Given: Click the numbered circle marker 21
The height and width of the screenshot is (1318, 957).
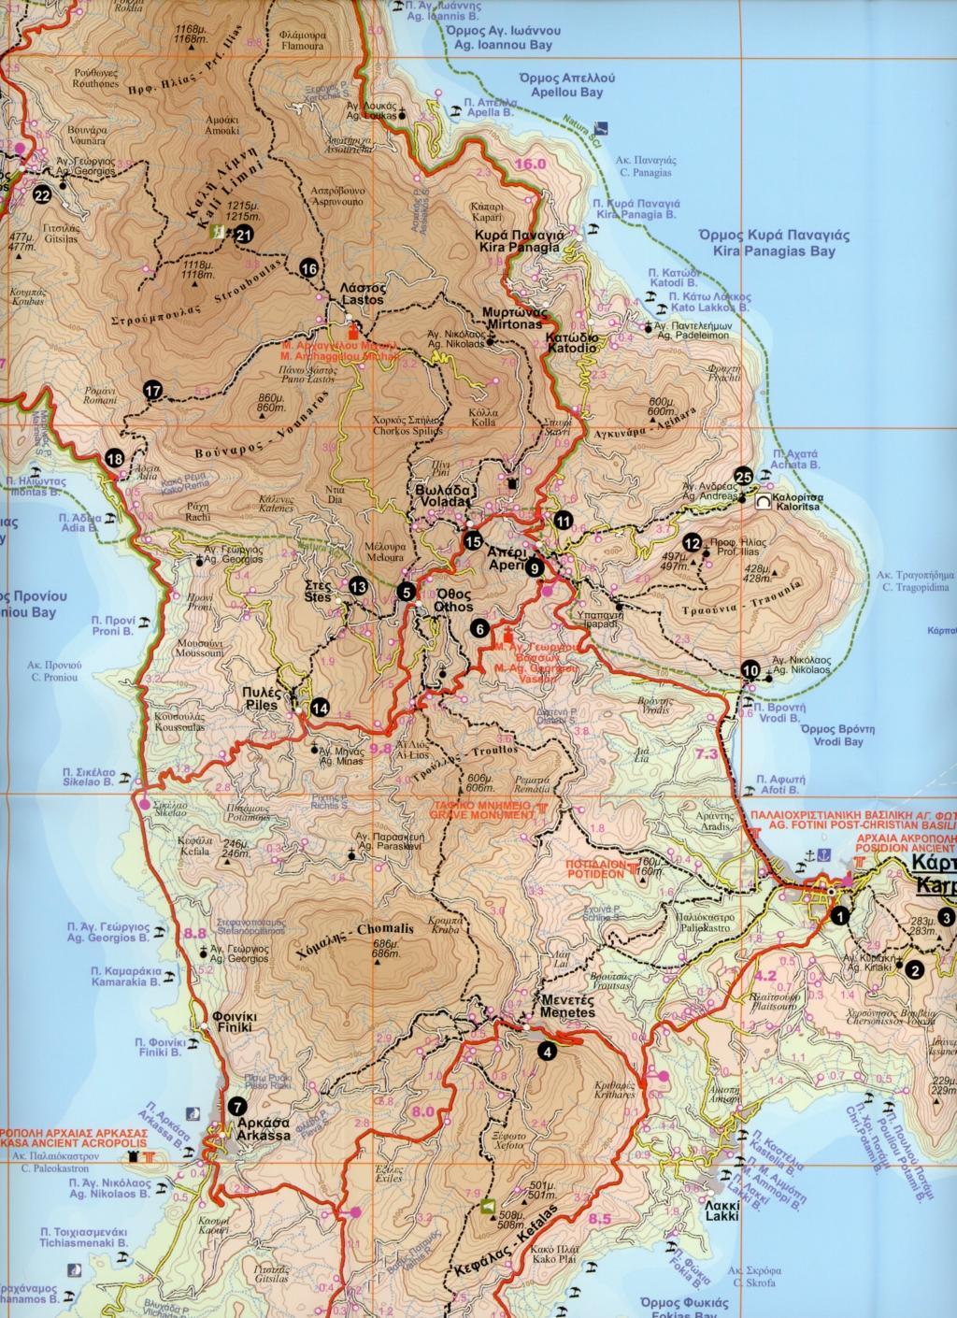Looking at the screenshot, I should pyautogui.click(x=244, y=236).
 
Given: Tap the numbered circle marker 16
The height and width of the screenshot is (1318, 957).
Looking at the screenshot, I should pyautogui.click(x=310, y=268).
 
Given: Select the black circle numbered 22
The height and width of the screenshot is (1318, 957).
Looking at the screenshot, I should pyautogui.click(x=41, y=195).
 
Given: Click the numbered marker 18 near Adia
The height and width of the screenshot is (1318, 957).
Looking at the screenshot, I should pyautogui.click(x=115, y=458).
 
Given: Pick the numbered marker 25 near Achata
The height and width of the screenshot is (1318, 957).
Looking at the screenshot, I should pyautogui.click(x=744, y=477).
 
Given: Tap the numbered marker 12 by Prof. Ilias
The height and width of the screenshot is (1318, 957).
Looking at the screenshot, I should pyautogui.click(x=693, y=541).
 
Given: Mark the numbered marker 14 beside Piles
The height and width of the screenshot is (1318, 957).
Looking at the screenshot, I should pyautogui.click(x=320, y=708).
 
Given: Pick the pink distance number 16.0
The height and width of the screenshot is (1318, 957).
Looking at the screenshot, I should pyautogui.click(x=529, y=165).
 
